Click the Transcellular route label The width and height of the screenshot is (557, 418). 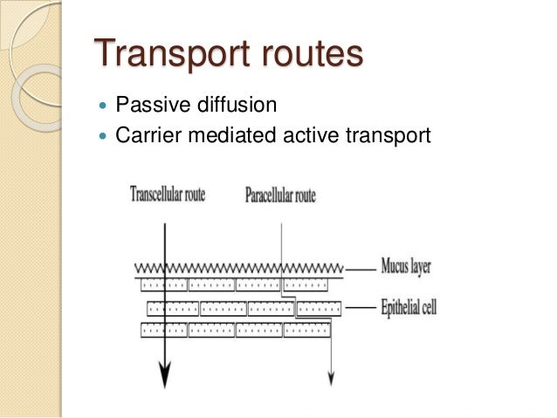(x=168, y=194)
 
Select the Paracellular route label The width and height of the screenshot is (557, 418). (x=280, y=195)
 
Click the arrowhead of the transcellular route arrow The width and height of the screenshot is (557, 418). (x=162, y=376)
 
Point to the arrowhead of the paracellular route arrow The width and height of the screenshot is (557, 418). (x=331, y=378)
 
